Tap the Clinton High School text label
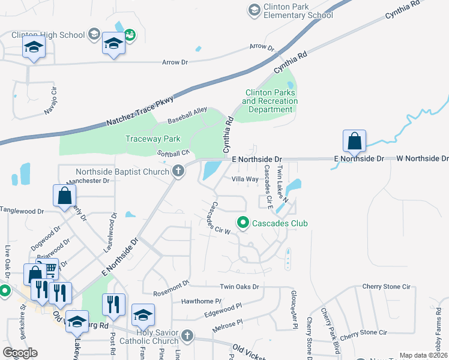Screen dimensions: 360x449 pyautogui.click(x=47, y=35)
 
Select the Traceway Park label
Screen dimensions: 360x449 pyautogui.click(x=152, y=139)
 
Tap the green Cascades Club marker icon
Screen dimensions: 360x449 pyautogui.click(x=243, y=223)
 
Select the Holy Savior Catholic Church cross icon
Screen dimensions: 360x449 pyautogui.click(x=187, y=335)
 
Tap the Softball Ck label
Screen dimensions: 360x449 pyautogui.click(x=173, y=154)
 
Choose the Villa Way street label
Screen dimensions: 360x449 pyautogui.click(x=245, y=179)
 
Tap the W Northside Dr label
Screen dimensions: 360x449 pyautogui.click(x=423, y=158)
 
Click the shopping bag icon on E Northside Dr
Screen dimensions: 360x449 pyautogui.click(x=354, y=142)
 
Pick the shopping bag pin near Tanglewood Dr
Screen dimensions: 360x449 pyautogui.click(x=64, y=196)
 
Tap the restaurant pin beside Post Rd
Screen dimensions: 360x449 pyautogui.click(x=113, y=304)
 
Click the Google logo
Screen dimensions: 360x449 pyautogui.click(x=20, y=353)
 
